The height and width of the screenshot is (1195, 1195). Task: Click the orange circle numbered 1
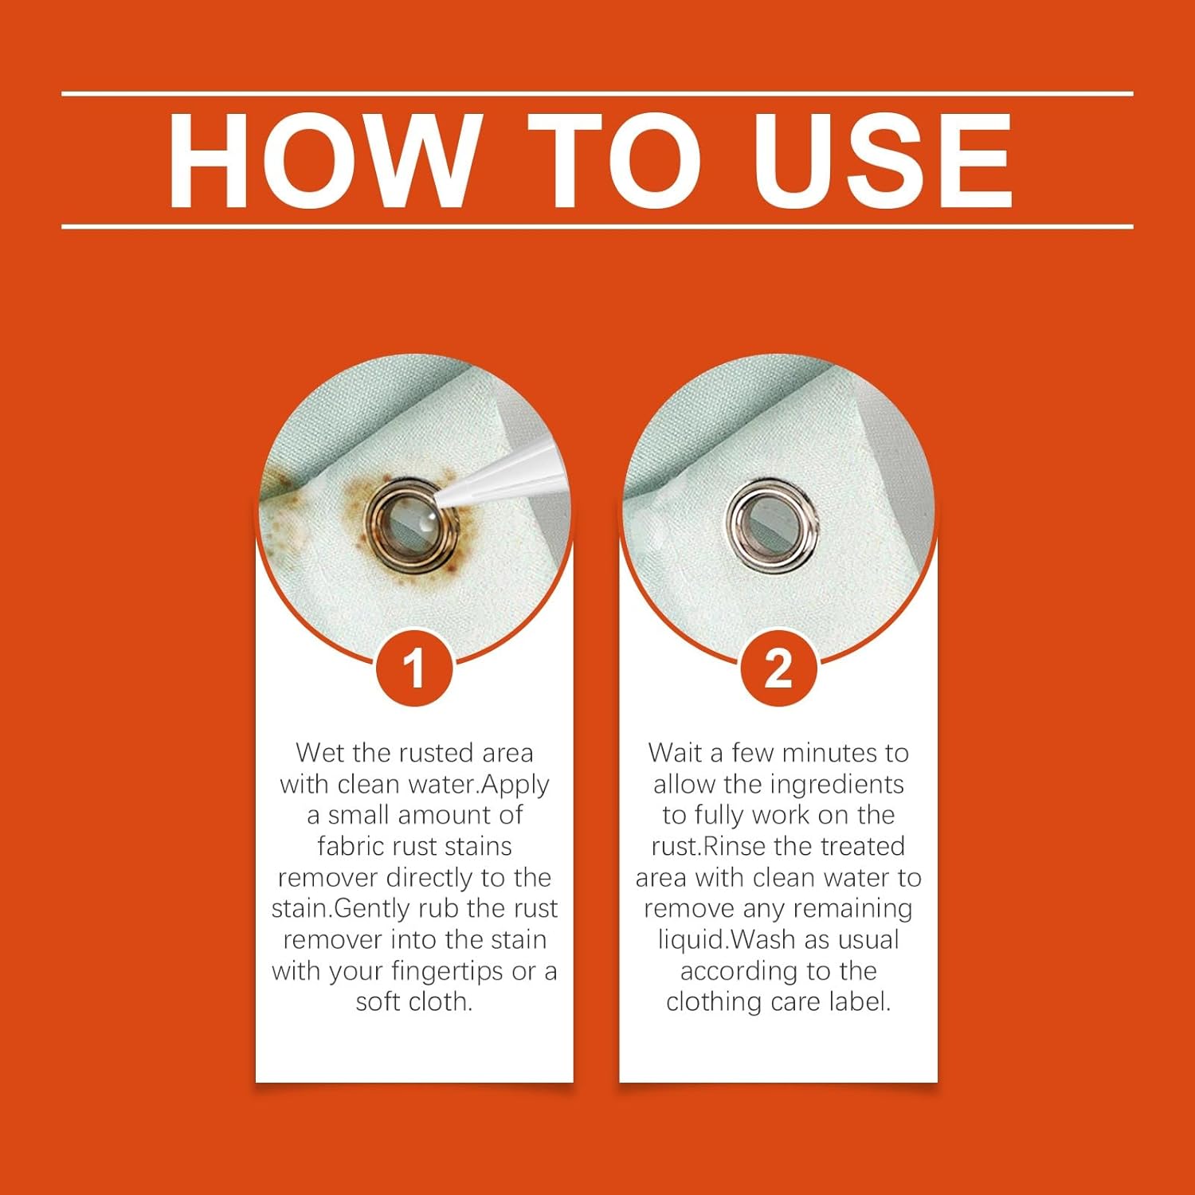click(414, 668)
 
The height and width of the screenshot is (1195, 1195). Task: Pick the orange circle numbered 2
click(778, 668)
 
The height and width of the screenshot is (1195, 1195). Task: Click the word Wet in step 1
click(319, 753)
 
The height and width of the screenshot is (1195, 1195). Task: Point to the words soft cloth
click(414, 1001)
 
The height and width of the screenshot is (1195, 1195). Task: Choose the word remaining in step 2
click(852, 909)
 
